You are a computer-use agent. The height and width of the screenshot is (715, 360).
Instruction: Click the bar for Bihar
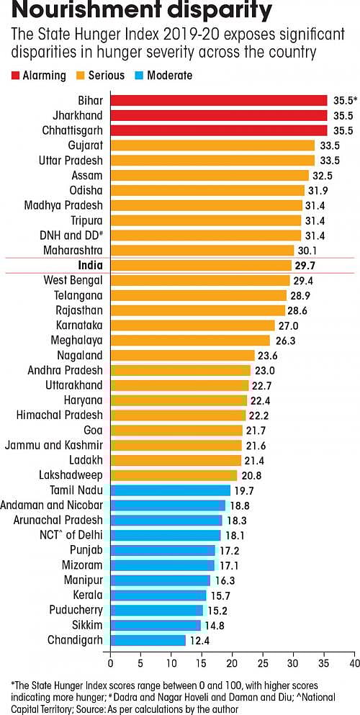pyautogui.click(x=218, y=100)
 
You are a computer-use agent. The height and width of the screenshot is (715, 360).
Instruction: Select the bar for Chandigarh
pyautogui.click(x=148, y=640)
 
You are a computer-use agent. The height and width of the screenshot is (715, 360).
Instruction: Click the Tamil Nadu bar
pyautogui.click(x=170, y=490)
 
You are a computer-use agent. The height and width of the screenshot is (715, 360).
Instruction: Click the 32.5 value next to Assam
pyautogui.click(x=322, y=175)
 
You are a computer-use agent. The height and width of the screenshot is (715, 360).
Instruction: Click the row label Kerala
pyautogui.click(x=86, y=595)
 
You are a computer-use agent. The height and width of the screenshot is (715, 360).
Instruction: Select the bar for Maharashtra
pyautogui.click(x=202, y=250)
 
